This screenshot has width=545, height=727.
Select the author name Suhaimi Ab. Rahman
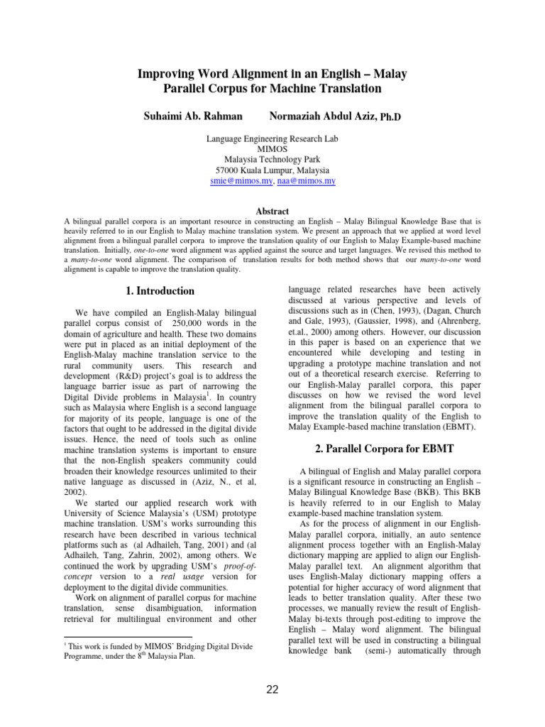pos(194,115)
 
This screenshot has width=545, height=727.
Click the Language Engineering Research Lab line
pos(272,140)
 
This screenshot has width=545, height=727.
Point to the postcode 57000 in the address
pos(228,171)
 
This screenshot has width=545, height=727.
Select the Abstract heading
pos(272,212)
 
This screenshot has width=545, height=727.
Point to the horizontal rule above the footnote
pos(128,637)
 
